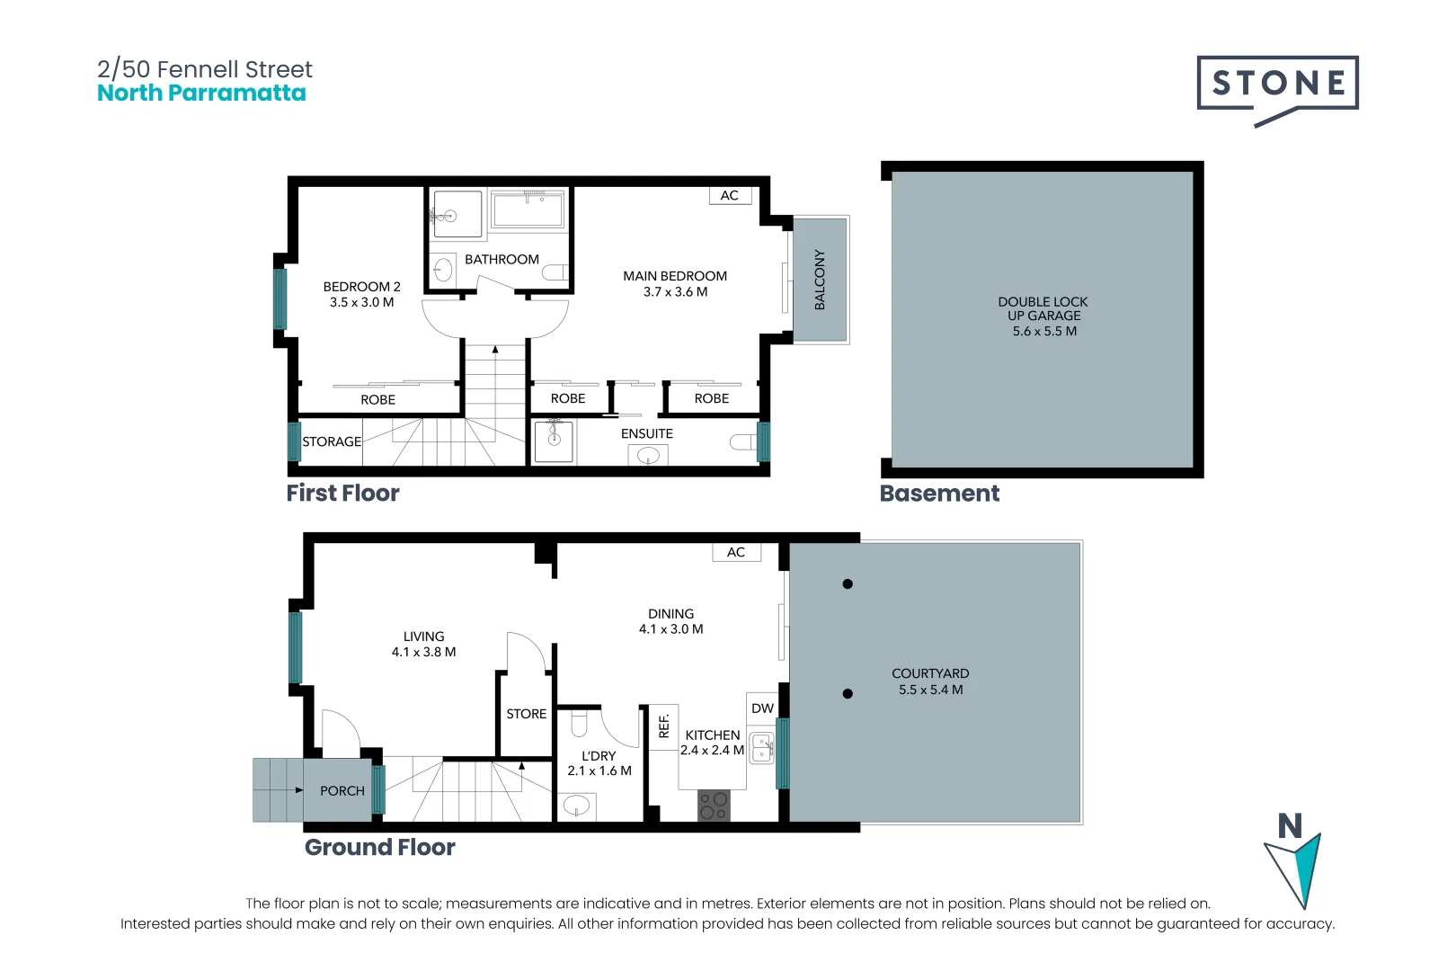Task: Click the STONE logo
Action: [1277, 90]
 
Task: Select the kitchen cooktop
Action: [713, 806]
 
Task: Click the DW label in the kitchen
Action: [762, 708]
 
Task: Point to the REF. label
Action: [663, 726]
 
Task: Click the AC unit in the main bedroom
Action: [730, 195]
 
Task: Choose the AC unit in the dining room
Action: [736, 552]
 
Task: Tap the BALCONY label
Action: [820, 280]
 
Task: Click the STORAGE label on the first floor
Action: [332, 441]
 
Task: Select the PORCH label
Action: [342, 791]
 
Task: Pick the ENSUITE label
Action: [647, 433]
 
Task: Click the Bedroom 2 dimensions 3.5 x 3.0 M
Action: [361, 302]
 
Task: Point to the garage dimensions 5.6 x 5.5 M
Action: [1044, 331]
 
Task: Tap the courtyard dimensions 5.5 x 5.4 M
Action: [931, 690]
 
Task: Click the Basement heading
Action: [939, 494]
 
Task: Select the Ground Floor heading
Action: [379, 848]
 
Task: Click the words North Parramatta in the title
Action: [201, 93]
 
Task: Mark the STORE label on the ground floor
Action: [527, 714]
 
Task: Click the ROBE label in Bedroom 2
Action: [377, 400]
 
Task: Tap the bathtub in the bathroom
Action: [528, 209]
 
